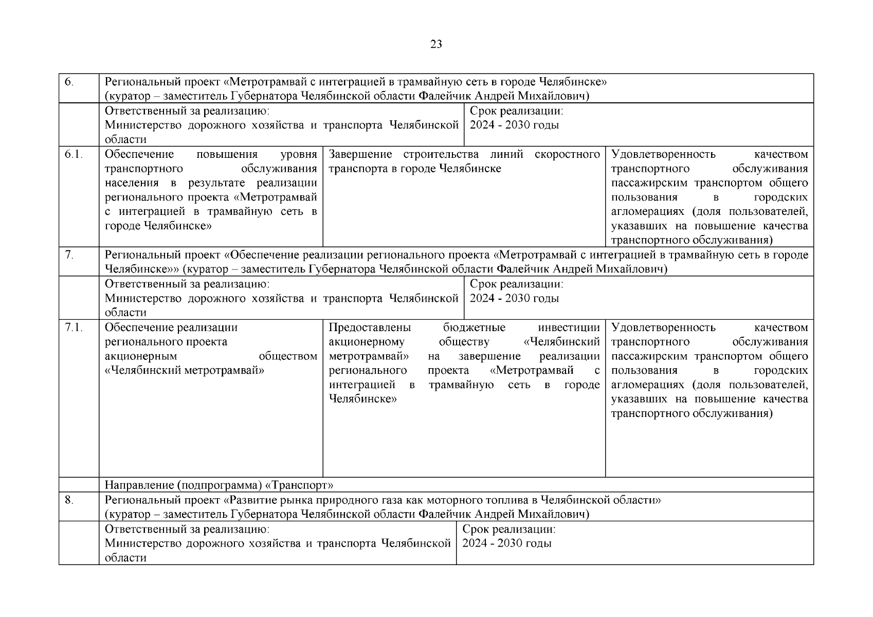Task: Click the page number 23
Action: pos(435,44)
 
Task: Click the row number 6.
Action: pos(69,82)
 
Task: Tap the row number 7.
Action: pos(69,255)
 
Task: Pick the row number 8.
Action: pos(69,499)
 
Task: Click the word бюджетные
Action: pos(474,328)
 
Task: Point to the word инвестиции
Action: pos(569,328)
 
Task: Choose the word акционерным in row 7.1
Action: pos(140,356)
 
